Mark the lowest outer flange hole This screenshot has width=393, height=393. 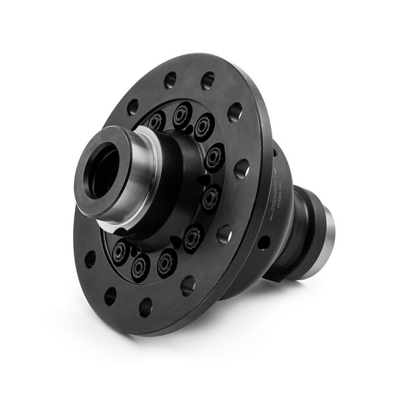[145, 308]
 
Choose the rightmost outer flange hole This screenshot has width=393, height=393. [242, 169]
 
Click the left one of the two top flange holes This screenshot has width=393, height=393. [170, 81]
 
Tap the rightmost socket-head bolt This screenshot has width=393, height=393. [214, 157]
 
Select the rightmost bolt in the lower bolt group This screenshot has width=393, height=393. [193, 239]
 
